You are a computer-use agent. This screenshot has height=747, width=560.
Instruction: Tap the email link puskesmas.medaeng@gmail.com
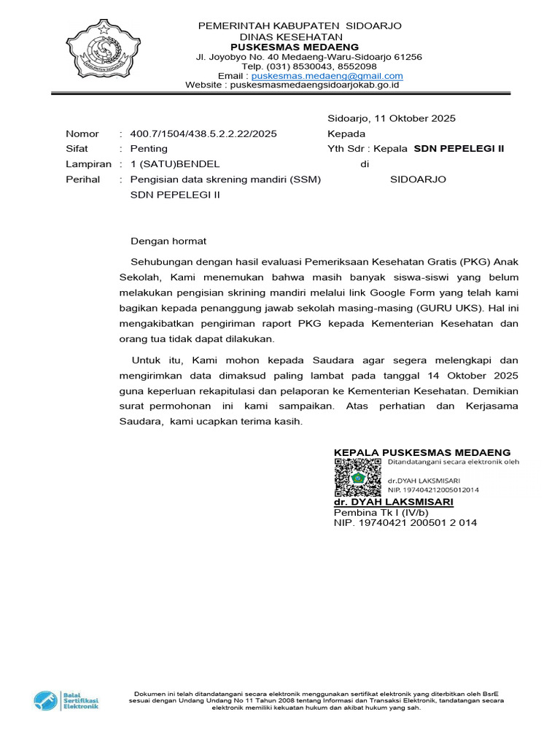point(327,76)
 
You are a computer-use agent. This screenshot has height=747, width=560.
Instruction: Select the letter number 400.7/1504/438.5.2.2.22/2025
point(203,134)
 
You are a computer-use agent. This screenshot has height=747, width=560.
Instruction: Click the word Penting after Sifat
point(149,149)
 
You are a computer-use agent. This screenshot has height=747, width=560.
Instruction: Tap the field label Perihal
point(82,179)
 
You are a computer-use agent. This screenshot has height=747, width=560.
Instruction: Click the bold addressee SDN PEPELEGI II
point(459,149)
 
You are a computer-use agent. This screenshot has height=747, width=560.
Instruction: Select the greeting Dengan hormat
point(168,241)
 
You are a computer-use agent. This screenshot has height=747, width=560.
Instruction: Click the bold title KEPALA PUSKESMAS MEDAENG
point(422,452)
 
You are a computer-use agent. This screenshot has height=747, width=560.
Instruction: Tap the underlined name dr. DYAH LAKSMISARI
point(393,503)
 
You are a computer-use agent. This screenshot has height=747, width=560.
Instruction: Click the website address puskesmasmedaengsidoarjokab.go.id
point(314,85)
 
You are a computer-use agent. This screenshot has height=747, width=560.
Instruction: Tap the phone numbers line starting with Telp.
point(299,66)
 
